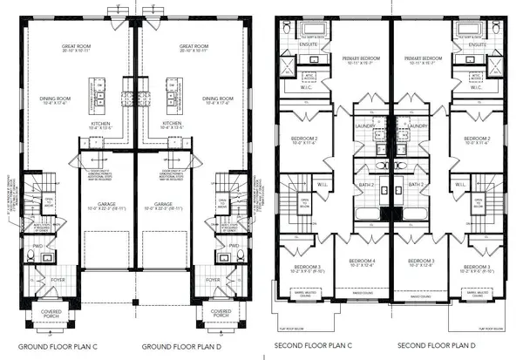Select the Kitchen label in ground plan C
click(99, 125)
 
